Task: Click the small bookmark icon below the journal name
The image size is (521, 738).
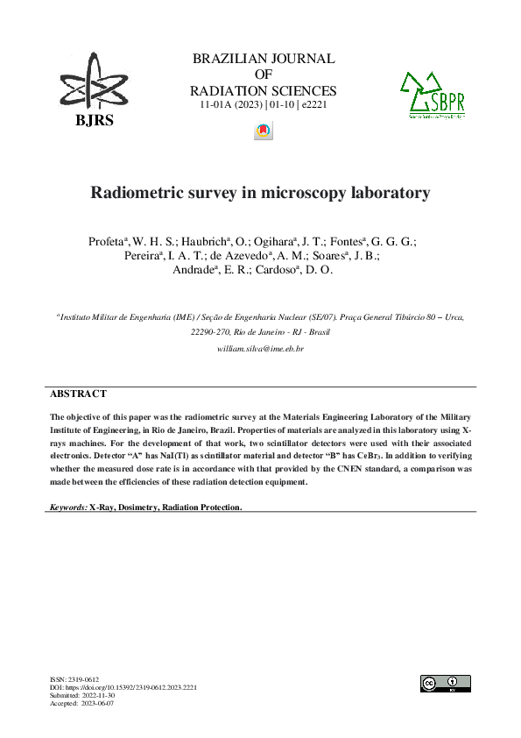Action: (262, 131)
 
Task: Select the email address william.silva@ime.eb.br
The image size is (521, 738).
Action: (260, 349)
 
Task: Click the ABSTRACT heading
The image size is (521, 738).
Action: (78, 394)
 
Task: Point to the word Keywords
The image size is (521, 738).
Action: (67, 507)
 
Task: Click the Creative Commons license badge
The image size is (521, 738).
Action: (445, 684)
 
